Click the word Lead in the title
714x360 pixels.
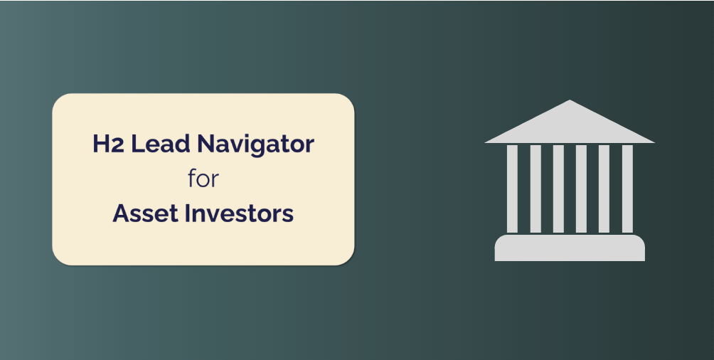pyautogui.click(x=160, y=144)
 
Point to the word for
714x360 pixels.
pyautogui.click(x=203, y=179)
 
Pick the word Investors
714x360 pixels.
pyautogui.click(x=239, y=213)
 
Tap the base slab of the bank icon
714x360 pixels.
pyautogui.click(x=570, y=248)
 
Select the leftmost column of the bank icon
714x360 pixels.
pyautogui.click(x=512, y=189)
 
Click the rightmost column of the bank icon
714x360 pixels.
pyautogui.click(x=627, y=189)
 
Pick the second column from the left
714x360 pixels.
pyautogui.click(x=535, y=189)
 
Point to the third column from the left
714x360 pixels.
pyautogui.click(x=558, y=189)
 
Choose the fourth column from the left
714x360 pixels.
pyautogui.click(x=581, y=189)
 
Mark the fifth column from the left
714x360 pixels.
pyautogui.click(x=604, y=189)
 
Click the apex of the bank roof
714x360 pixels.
pyautogui.click(x=570, y=100)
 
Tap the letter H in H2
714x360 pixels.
pyautogui.click(x=102, y=144)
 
